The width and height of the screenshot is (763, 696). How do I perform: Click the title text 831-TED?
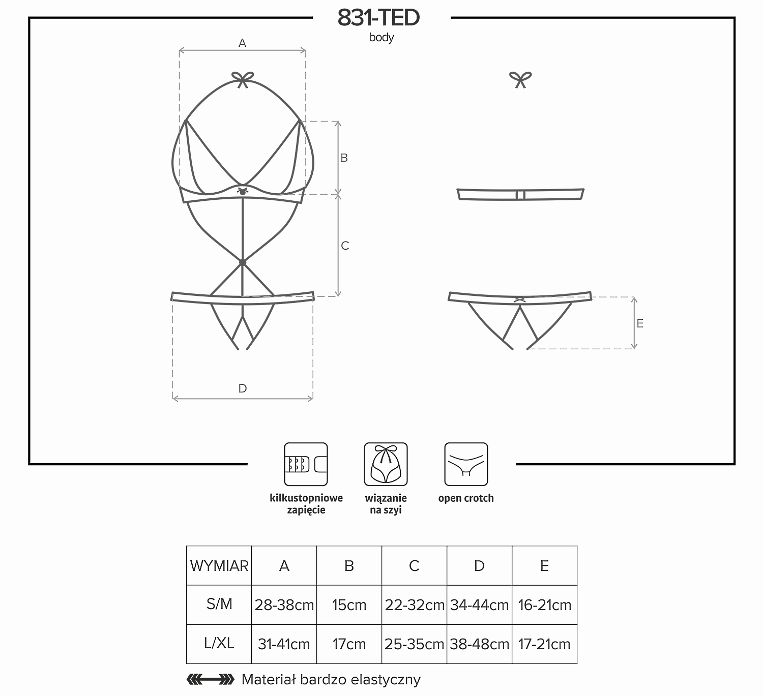click(378, 17)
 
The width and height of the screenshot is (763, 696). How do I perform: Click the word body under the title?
click(381, 38)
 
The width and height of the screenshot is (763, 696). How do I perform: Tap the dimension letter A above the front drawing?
click(242, 43)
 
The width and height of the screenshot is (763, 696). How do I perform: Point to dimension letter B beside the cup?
click(344, 158)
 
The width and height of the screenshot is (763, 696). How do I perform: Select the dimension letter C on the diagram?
click(345, 246)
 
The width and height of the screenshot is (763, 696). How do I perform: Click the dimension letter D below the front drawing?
click(243, 388)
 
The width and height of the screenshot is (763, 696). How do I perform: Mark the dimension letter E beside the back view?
click(640, 323)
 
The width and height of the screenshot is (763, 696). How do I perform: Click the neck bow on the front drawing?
click(243, 79)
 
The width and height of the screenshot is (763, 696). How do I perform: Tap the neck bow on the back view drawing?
click(520, 79)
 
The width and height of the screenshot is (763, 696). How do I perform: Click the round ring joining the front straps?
click(243, 262)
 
